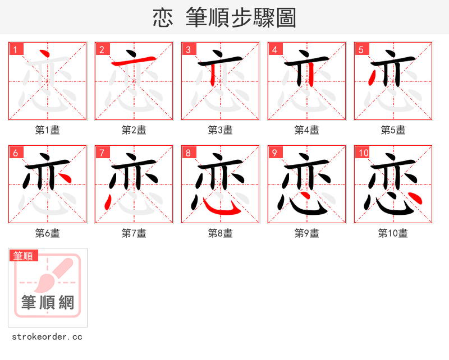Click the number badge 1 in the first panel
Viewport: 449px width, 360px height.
click(x=16, y=49)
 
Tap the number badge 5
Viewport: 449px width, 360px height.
click(x=361, y=49)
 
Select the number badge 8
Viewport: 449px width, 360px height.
click(x=189, y=153)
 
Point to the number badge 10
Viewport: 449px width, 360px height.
click(x=363, y=153)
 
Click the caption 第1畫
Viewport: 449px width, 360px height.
click(x=48, y=130)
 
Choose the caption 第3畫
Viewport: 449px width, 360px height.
click(x=221, y=130)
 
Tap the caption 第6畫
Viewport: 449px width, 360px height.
click(x=48, y=233)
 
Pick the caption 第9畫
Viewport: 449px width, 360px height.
click(x=307, y=233)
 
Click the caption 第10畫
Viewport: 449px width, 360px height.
click(x=393, y=233)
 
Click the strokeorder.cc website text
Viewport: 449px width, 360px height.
click(x=47, y=337)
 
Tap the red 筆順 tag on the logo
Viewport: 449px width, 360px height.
click(x=24, y=256)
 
